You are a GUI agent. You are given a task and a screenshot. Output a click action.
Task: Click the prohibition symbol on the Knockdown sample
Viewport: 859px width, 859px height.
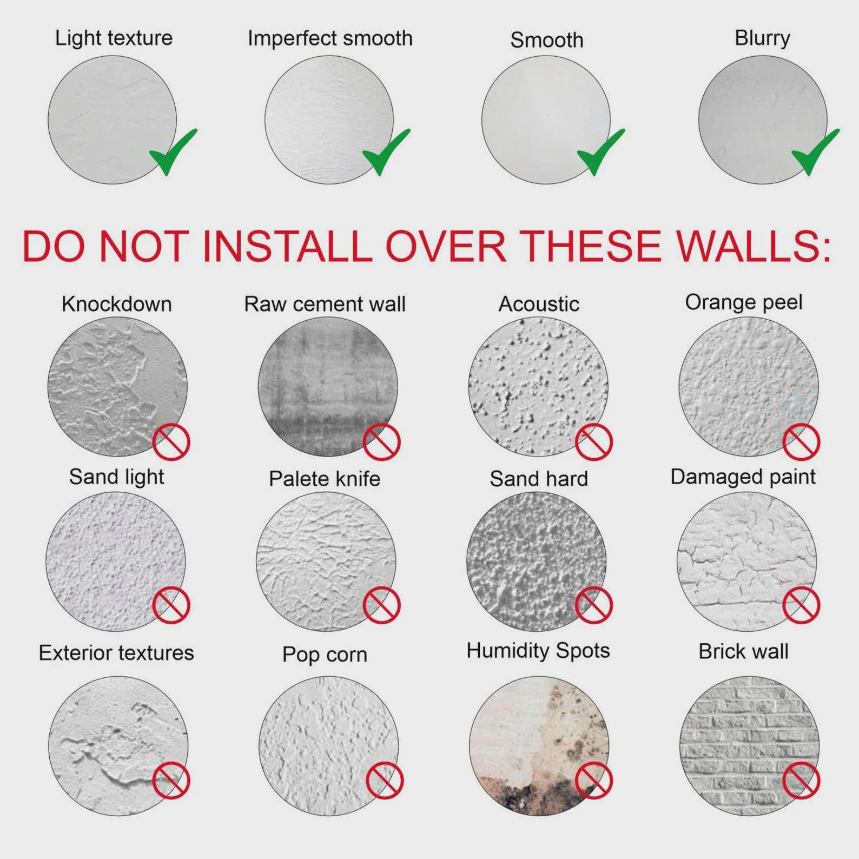pos(171,441)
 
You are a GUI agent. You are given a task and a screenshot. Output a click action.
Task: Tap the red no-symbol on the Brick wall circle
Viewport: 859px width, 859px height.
pos(801,781)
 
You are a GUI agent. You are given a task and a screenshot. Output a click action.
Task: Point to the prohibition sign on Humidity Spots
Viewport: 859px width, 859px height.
pos(593,781)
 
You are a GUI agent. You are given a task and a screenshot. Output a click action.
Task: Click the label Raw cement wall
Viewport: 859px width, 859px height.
pos(325,304)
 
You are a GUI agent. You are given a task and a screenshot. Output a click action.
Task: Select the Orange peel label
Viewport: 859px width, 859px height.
pos(744,303)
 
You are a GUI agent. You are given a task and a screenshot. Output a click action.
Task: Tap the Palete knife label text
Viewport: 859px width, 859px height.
pos(325,479)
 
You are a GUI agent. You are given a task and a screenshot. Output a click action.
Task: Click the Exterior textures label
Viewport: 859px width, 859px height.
pos(116,653)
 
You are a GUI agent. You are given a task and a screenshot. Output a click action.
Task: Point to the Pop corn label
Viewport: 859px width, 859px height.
pos(325,655)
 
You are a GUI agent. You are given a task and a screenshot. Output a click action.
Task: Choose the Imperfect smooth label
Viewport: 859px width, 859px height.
pos(330,38)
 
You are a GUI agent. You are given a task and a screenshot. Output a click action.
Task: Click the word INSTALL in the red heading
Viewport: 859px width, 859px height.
pos(287,247)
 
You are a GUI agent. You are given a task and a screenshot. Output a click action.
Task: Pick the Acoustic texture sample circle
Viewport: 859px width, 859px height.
pos(538,386)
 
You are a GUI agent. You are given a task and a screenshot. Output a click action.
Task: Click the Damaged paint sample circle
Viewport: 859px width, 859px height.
pos(746,561)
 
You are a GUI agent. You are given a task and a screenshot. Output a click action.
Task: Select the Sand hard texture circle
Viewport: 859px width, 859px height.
pos(537,561)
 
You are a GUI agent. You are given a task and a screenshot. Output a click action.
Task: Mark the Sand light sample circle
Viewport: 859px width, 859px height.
pos(116,561)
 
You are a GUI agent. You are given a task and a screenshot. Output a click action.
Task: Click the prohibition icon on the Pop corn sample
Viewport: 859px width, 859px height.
pos(385,781)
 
